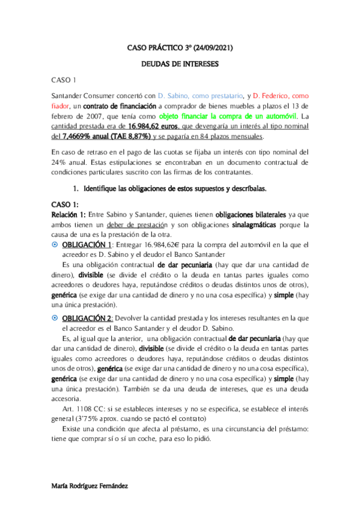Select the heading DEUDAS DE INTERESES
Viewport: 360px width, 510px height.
click(x=180, y=63)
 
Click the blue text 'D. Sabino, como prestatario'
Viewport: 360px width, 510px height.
click(x=196, y=95)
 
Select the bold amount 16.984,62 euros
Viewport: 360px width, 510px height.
click(x=153, y=126)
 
